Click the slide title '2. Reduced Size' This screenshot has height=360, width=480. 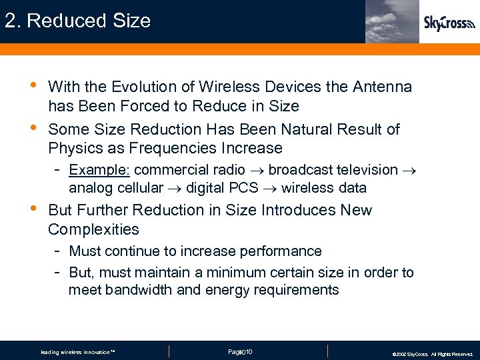point(77,21)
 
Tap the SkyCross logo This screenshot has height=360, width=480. point(449,23)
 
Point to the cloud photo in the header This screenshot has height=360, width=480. point(392,21)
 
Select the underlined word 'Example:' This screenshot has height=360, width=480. point(99,170)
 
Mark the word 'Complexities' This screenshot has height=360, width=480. point(93,229)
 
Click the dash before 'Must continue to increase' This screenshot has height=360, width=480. point(59,251)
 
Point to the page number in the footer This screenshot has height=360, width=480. point(240,351)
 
